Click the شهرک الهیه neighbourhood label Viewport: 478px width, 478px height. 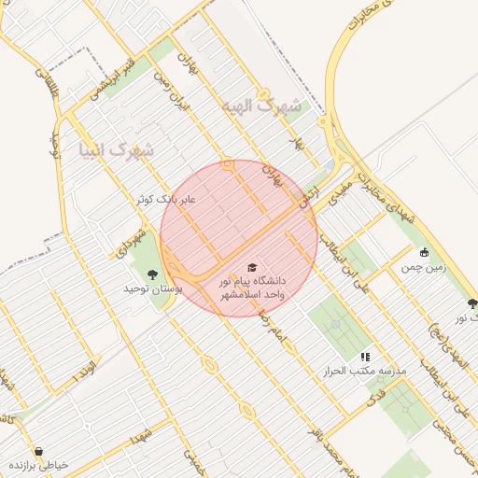(x=263, y=106)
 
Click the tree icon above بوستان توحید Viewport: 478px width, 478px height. (x=152, y=274)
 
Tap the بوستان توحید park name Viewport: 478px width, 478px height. (x=153, y=289)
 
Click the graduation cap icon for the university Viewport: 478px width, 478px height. (x=252, y=267)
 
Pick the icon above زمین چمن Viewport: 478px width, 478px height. (x=425, y=252)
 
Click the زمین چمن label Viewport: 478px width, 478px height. (x=425, y=267)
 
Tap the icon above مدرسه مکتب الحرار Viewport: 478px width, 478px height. (x=365, y=357)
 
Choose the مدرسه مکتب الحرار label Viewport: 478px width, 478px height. (x=365, y=372)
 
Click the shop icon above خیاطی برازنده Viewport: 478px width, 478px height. (x=38, y=450)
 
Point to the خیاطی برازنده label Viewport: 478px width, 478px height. (x=38, y=465)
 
